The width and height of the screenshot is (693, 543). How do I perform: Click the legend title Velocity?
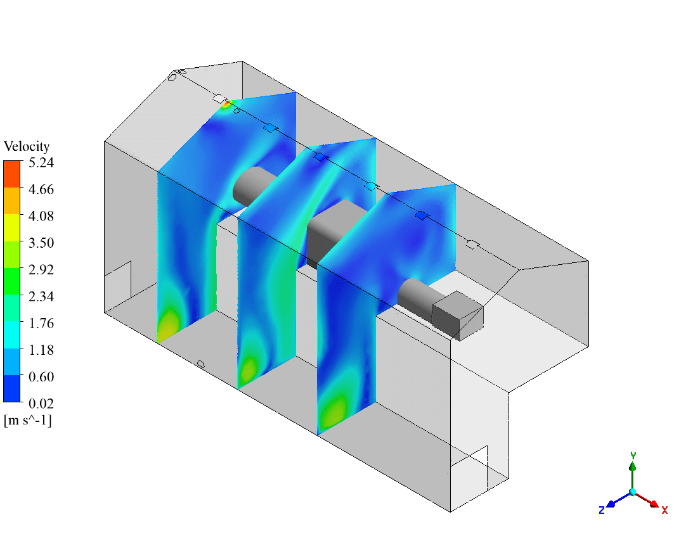click(27, 146)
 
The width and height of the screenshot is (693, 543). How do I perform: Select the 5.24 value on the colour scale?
click(41, 163)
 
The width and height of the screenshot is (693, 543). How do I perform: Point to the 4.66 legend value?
click(41, 189)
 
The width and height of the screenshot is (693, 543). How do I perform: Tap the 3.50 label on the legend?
click(41, 243)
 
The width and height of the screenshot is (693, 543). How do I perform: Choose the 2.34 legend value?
click(41, 297)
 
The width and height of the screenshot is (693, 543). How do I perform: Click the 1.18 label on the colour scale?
click(41, 350)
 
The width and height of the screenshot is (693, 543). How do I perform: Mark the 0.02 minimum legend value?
click(41, 404)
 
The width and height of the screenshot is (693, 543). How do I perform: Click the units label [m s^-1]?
click(28, 420)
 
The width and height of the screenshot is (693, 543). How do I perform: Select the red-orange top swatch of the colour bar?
click(12, 174)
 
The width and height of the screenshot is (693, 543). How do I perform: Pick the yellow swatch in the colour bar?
click(12, 227)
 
